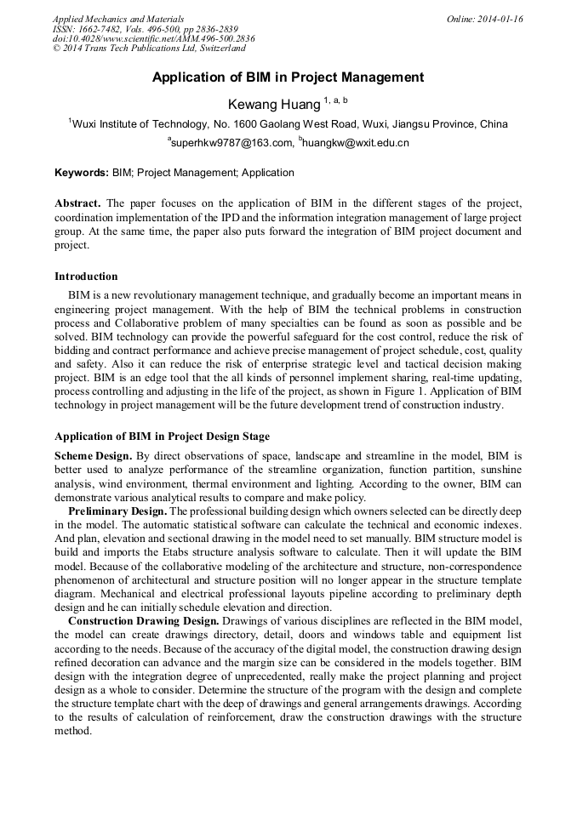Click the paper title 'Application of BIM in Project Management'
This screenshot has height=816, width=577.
pyautogui.click(x=288, y=77)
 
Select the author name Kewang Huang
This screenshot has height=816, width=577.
pyautogui.click(x=273, y=104)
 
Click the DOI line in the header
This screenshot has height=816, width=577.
pyautogui.click(x=153, y=38)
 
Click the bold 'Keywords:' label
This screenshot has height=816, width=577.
pyautogui.click(x=82, y=173)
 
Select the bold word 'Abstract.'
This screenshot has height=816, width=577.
pyautogui.click(x=78, y=204)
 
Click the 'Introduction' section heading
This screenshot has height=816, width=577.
pyautogui.click(x=86, y=277)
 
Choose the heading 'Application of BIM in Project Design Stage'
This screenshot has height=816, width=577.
pyautogui.click(x=162, y=437)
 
